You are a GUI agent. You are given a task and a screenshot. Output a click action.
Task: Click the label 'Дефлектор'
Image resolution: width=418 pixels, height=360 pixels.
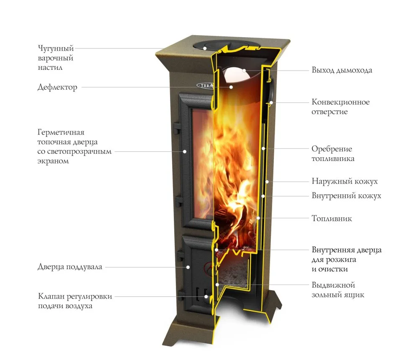click(57, 87)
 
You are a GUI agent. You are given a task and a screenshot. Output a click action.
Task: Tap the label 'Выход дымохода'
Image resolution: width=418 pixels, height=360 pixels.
click(342, 70)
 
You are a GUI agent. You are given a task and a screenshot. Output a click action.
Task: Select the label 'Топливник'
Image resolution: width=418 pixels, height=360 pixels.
click(331, 218)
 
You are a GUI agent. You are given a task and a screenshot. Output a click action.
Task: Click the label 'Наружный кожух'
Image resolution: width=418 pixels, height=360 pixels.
click(344, 181)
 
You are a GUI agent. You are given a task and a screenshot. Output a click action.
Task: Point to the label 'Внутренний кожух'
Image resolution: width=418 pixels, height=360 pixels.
click(346, 196)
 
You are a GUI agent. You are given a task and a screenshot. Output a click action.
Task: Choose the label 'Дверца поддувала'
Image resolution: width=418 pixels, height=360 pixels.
click(70, 267)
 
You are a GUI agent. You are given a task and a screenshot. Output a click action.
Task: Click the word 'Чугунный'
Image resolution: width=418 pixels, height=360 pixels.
click(56, 49)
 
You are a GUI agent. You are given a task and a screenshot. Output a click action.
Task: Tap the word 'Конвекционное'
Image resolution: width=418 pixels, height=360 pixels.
click(340, 102)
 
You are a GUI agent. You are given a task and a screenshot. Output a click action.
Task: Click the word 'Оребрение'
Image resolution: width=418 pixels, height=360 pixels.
click(331, 149)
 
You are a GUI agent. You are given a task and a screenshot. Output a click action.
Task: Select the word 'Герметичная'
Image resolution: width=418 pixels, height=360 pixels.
click(61, 132)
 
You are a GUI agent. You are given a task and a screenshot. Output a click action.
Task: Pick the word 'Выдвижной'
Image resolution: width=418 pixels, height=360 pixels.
click(333, 285)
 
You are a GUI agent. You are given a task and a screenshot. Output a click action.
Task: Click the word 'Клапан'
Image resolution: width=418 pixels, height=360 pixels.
click(51, 296)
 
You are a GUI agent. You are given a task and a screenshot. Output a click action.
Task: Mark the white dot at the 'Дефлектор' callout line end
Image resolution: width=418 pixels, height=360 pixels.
click(231, 87)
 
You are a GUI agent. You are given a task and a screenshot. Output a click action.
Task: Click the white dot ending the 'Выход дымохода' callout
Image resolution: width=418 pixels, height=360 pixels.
click(244, 71)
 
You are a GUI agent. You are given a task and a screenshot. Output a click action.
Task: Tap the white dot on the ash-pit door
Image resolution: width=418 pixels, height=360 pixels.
click(188, 267)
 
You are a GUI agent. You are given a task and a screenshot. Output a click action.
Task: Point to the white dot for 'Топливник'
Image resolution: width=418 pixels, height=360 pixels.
click(258, 218)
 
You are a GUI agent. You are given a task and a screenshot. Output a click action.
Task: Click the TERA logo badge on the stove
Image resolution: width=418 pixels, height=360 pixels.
click(205, 85)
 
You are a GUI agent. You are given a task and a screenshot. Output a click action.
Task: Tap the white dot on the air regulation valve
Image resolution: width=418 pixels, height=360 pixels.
click(206, 296)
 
